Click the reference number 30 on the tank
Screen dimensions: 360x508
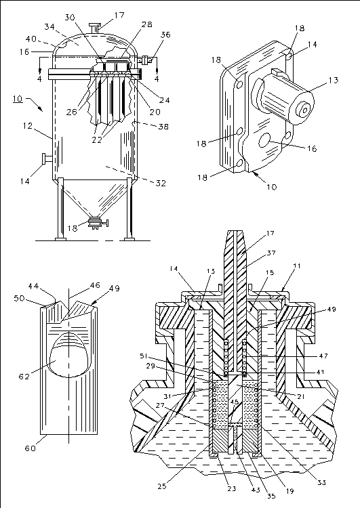[x=70, y=18]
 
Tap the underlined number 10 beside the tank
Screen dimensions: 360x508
[x=18, y=98]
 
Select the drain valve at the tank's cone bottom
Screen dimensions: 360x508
[x=98, y=223]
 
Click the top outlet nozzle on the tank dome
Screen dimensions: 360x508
[x=95, y=28]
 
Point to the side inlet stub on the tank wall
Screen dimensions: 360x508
[x=47, y=158]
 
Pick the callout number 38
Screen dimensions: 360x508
[x=163, y=127]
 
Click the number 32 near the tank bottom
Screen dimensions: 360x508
[x=161, y=183]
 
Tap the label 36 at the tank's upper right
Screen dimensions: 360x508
[x=165, y=35]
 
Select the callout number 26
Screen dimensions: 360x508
[x=72, y=112]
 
